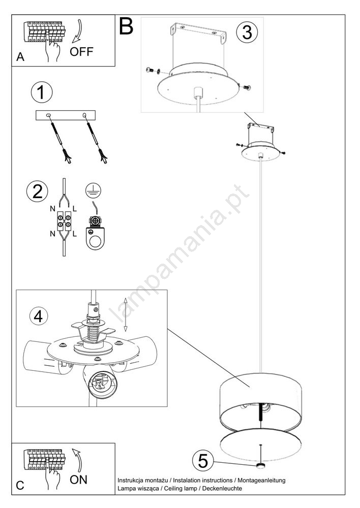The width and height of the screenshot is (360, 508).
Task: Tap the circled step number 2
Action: point(37,191)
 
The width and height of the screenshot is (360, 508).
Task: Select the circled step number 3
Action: point(247,32)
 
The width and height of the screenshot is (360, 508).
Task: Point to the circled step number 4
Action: point(39,316)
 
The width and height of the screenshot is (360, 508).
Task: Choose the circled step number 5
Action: point(203,461)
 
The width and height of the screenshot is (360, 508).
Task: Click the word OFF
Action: point(81,51)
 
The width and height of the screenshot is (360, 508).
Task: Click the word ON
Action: point(78,480)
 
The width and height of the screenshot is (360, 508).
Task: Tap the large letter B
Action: point(126,26)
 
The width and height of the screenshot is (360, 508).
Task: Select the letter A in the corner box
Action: point(20,57)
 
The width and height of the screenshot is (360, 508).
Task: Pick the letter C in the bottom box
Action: point(20,485)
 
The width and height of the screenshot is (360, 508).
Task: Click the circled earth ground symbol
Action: point(94,190)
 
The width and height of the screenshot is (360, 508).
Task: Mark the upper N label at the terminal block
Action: point(52,209)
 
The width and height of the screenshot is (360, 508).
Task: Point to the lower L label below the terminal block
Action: point(75,234)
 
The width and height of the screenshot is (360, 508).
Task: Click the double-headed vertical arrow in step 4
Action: point(126,314)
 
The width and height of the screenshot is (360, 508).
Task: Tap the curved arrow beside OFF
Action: point(77,31)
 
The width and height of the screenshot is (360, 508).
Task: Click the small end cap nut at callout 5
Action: point(260,466)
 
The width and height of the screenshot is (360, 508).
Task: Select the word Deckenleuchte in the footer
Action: point(222,488)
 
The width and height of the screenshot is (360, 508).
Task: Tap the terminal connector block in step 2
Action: point(64,220)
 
